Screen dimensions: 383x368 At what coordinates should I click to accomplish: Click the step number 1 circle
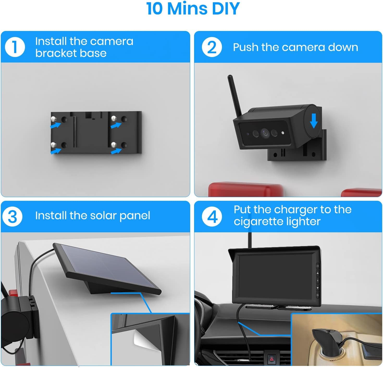tap(15, 47)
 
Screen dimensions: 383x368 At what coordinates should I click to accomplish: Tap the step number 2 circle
tap(212, 47)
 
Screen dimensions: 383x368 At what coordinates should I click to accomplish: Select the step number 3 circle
tap(13, 216)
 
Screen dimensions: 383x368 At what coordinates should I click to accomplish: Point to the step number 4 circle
tap(212, 216)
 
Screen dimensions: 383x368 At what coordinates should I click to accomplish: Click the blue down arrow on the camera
tap(313, 121)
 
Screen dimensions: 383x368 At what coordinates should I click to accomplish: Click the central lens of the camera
tap(265, 133)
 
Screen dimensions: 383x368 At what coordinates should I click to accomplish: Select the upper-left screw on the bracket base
tap(53, 118)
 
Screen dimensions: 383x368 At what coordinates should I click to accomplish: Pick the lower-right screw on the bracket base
tap(114, 145)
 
